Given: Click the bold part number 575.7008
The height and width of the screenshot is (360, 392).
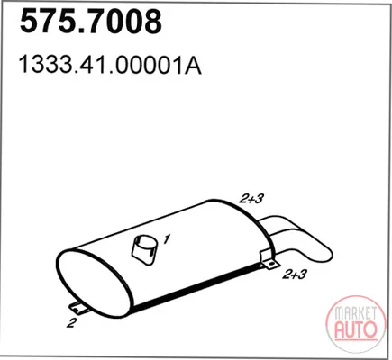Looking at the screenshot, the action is tap(91, 21).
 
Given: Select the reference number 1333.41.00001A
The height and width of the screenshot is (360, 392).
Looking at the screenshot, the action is tap(110, 65).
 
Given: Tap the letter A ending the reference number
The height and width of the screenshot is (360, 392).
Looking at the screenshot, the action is tap(193, 65).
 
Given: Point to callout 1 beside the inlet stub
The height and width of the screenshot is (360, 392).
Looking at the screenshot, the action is tap(167, 239).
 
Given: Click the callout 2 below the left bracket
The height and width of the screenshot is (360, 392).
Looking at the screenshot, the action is tap(71, 323).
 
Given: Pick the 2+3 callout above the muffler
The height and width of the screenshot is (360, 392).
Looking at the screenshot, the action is tap(251, 198).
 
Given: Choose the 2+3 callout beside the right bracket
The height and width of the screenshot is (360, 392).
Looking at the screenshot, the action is tap(295, 274).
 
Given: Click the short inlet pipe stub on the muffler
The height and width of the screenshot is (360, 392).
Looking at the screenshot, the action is tap(145, 250).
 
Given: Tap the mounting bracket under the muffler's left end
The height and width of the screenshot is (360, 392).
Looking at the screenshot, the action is tap(78, 308).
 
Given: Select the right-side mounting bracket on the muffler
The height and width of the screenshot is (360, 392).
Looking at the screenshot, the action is tap(269, 260).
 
